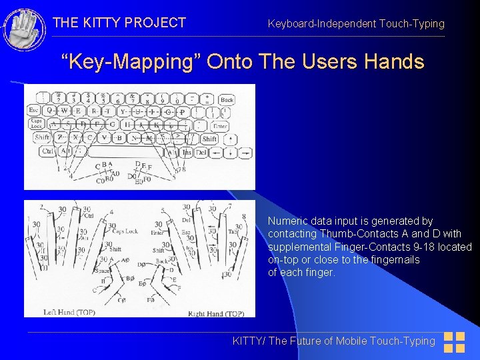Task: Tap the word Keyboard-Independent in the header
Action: (321, 24)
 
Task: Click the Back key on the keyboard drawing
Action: (227, 99)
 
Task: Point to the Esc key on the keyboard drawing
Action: (33, 111)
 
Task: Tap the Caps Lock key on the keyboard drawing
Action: (36, 124)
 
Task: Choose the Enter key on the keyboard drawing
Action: (220, 125)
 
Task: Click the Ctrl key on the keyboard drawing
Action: (47, 151)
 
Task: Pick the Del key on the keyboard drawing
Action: (201, 152)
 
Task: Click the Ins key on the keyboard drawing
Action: (187, 152)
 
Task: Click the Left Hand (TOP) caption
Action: (69, 312)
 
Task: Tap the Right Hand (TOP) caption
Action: (215, 313)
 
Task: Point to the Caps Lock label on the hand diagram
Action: (125, 231)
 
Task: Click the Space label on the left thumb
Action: (103, 271)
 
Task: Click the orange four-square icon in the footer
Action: (454, 342)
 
